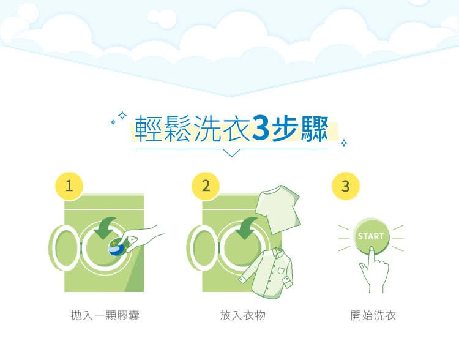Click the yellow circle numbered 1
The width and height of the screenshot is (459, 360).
69,187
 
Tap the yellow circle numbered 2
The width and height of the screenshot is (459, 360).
206,187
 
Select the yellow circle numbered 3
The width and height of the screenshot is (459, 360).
345,187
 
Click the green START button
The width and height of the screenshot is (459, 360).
370,236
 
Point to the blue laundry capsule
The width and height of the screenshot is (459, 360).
116,247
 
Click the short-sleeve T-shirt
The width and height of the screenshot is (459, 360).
277,209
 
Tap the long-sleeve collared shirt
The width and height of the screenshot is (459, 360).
266,274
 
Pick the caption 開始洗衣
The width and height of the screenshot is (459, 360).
373,316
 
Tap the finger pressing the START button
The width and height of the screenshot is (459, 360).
371,260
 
